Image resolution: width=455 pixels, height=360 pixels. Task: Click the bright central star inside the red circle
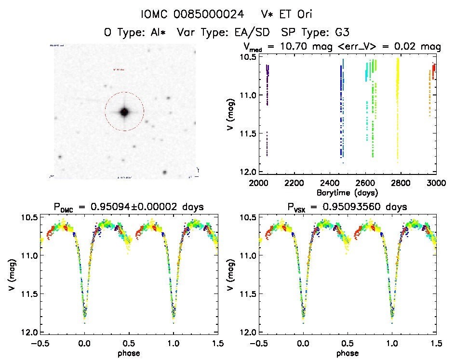tap(124, 112)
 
